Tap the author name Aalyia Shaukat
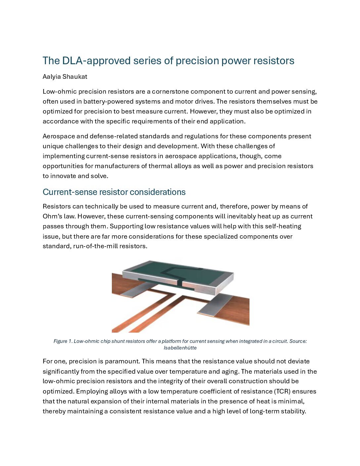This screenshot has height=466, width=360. (x=65, y=77)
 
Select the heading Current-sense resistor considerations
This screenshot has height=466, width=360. (x=114, y=192)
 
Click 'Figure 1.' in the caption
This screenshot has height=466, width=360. (x=63, y=341)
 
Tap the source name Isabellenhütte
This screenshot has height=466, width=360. (x=180, y=348)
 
